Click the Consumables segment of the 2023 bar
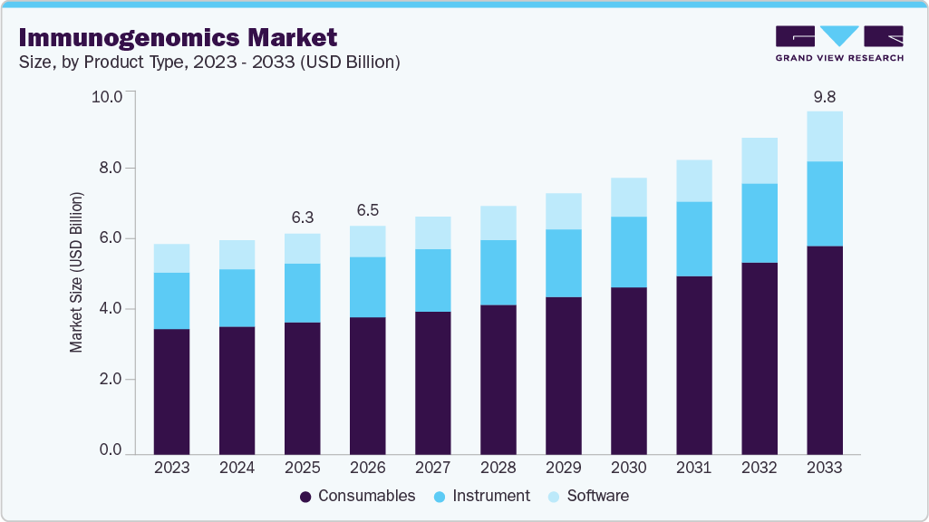[171, 391]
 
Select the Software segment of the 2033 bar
[824, 136]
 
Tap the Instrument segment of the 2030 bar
[628, 252]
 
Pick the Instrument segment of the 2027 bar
[432, 280]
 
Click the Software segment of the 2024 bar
[237, 255]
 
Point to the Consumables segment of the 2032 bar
[759, 358]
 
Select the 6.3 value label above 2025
[302, 217]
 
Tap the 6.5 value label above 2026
[367, 209]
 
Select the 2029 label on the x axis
[563, 468]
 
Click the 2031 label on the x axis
[693, 468]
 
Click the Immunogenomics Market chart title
[178, 37]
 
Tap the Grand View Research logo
[839, 43]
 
